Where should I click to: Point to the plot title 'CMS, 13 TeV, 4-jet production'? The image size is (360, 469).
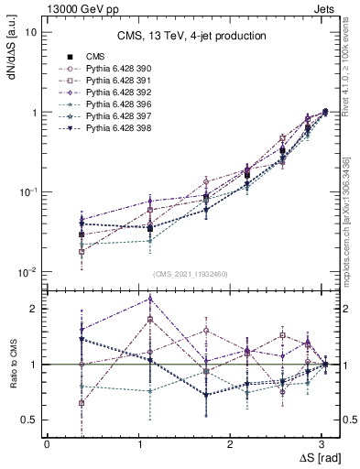[x=191, y=37]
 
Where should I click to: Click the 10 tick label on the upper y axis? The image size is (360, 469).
[x=30, y=32]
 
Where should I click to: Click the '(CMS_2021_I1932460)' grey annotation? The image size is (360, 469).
[x=191, y=274]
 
